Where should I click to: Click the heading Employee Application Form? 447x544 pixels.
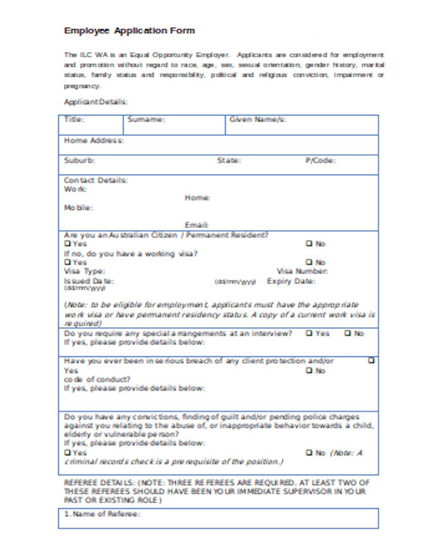(130, 31)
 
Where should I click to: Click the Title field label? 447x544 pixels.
(74, 119)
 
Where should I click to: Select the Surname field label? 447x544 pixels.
(146, 119)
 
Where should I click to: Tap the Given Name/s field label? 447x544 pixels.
(257, 119)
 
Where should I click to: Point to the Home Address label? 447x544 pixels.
(94, 140)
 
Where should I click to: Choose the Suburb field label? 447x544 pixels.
(79, 160)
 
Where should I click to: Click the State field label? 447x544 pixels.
(229, 160)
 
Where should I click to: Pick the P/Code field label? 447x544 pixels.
(320, 160)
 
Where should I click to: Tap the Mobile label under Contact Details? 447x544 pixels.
(78, 207)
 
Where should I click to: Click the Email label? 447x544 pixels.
(197, 224)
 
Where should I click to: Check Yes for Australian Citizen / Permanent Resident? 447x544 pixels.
(68, 244)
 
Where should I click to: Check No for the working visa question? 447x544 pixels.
(308, 262)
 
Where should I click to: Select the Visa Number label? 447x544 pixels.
(302, 271)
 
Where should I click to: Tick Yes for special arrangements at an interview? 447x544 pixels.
(308, 333)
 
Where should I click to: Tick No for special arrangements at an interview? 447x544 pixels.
(348, 333)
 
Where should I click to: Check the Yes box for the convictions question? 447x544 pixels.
(68, 452)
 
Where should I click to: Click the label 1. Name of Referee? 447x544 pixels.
(102, 514)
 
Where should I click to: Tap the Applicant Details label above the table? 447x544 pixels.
(95, 102)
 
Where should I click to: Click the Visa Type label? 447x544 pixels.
(84, 271)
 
